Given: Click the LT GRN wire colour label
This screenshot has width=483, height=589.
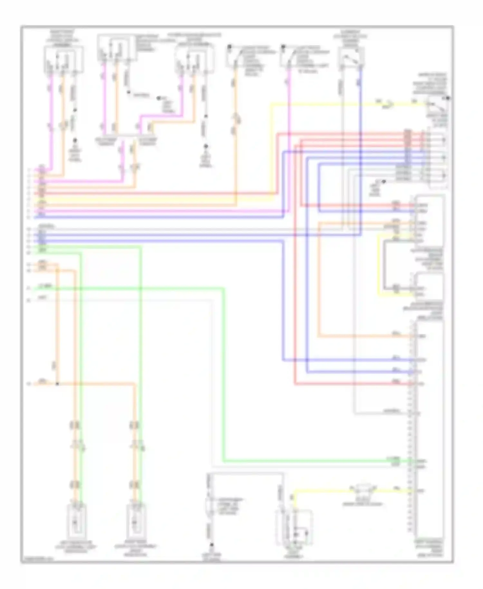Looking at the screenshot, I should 44,286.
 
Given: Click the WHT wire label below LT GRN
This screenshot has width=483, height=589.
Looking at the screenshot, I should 43,298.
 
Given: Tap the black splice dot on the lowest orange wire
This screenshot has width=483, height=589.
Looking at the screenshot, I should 57,384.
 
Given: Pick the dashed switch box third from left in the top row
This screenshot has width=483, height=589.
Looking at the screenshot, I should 194,59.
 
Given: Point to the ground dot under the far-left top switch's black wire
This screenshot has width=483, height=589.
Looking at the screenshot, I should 75,141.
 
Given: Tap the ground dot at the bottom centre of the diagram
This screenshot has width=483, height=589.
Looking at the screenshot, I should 212,545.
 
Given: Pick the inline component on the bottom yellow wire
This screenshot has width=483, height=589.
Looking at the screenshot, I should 363,490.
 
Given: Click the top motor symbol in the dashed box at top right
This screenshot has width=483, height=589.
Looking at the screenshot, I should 443,140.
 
